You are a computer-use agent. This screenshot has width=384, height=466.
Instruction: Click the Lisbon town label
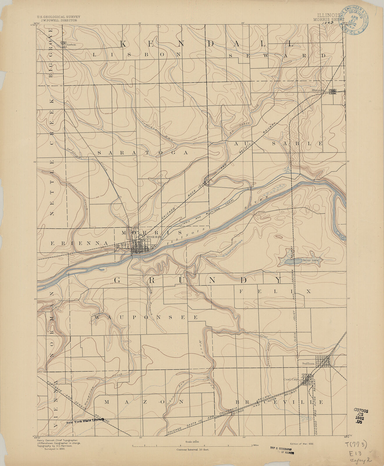(x=71, y=45)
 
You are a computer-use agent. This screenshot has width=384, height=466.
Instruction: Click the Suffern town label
(x=308, y=364)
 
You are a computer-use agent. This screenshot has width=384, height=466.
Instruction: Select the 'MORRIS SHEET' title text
(x=328, y=20)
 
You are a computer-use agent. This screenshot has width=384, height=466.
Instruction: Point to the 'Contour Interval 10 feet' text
(x=192, y=450)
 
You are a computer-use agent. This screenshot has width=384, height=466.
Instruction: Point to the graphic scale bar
(x=192, y=445)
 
